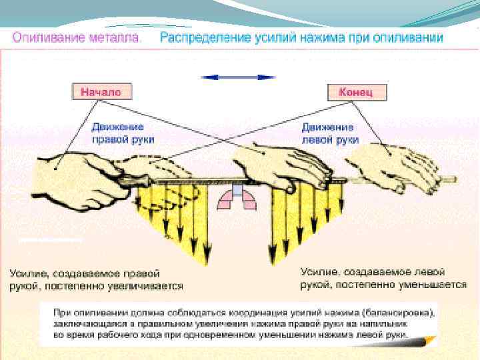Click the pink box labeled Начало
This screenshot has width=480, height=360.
point(101,92)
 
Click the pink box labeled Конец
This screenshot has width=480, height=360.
point(357,92)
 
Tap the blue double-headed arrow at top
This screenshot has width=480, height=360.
point(239,77)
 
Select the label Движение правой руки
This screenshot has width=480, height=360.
point(123,133)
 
